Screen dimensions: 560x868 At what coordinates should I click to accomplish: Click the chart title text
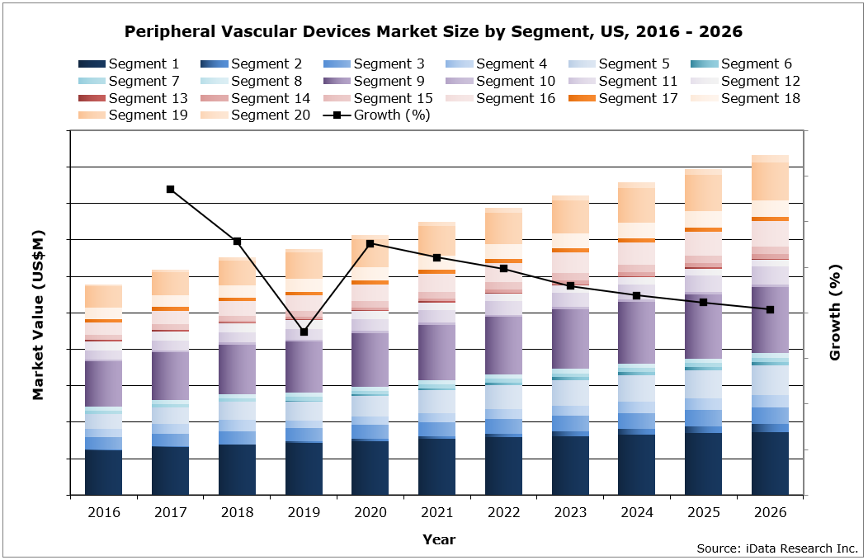[x=433, y=32]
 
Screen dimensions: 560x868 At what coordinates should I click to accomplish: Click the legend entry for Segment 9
[x=374, y=81]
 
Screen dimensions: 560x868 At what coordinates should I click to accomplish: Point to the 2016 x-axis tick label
[x=103, y=512]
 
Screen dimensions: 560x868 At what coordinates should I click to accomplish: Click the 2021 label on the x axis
[x=436, y=512]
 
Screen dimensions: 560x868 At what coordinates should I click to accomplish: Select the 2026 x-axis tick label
[x=770, y=512]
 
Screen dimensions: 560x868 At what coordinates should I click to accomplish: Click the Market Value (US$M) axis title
[x=38, y=315]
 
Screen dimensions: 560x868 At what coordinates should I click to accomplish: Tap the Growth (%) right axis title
[x=835, y=313]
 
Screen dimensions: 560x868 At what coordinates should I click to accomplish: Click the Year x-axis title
[x=438, y=539]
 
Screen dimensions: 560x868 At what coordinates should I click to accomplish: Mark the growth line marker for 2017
[x=170, y=189]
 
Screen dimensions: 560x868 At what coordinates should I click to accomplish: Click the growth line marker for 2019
[x=304, y=332]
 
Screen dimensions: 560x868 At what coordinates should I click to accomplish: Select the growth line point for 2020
[x=370, y=243]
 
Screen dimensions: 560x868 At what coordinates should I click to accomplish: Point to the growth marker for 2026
[x=770, y=309]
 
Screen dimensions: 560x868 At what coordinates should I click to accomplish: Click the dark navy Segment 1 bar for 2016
[x=103, y=472]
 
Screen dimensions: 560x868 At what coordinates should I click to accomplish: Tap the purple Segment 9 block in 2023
[x=570, y=338]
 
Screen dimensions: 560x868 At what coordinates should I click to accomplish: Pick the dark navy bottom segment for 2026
[x=770, y=463]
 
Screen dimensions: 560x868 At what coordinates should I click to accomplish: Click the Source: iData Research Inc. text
[x=777, y=548]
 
